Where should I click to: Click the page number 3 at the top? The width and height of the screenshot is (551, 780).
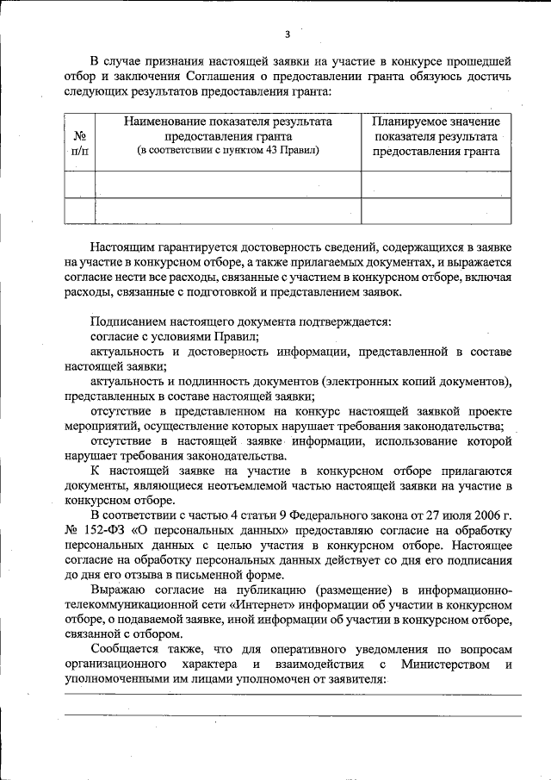click(x=288, y=34)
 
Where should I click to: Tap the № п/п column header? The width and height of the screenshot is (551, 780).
click(x=79, y=143)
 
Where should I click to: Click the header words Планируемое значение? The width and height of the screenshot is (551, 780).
click(x=436, y=122)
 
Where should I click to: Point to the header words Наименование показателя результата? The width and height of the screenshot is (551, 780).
click(x=227, y=122)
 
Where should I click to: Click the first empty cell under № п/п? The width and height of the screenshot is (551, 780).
click(x=79, y=184)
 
